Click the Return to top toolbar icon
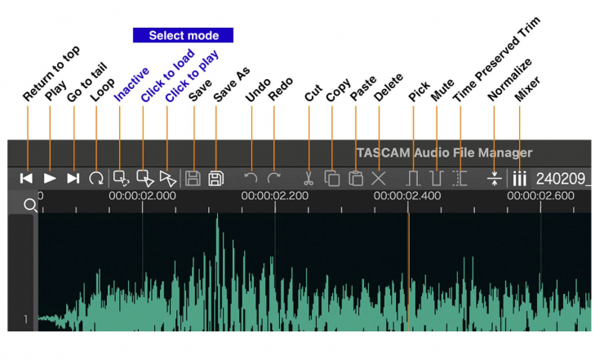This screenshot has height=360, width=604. tap(27, 178)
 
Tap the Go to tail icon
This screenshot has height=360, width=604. tap(73, 178)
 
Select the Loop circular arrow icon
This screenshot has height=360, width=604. tap(96, 178)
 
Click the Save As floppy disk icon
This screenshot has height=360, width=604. tap(216, 178)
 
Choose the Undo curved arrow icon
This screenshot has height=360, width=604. tap(251, 178)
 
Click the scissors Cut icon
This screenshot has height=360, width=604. tap(309, 178)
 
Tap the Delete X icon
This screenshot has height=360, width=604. tap(378, 178)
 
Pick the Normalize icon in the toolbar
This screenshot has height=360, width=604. tap(493, 178)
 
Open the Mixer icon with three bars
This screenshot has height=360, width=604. tap(519, 178)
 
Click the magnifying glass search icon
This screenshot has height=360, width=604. tap(30, 205)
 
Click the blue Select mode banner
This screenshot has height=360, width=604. tap(183, 36)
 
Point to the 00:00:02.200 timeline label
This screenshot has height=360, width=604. tap(274, 196)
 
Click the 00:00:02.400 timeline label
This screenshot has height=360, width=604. tap(407, 196)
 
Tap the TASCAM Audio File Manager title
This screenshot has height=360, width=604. tap(444, 153)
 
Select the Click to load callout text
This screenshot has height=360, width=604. tap(167, 77)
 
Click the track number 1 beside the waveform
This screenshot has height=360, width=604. tap(25, 319)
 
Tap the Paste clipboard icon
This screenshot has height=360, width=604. tap(355, 178)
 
